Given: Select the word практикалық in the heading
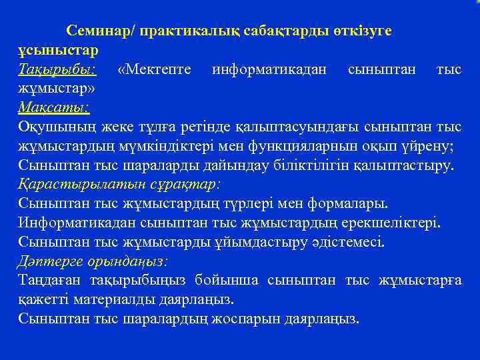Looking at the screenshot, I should point(175,31).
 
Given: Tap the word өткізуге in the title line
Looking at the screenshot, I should point(360,31).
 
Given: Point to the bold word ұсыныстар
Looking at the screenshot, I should point(58,49).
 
